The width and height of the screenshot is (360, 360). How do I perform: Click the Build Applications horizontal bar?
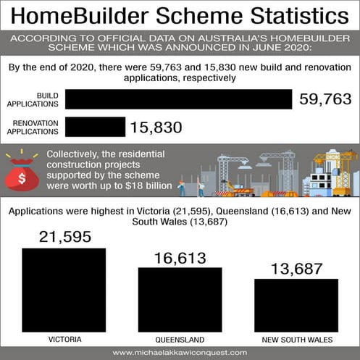(177, 99)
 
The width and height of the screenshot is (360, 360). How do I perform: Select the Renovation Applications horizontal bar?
(95, 127)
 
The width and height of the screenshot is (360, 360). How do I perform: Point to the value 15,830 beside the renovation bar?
(156, 127)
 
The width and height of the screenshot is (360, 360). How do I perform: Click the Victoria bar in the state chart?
(64, 290)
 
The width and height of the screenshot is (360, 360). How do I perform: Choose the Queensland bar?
(180, 299)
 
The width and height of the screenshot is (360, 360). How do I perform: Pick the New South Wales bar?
(296, 305)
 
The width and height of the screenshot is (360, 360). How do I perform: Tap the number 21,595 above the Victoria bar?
(64, 238)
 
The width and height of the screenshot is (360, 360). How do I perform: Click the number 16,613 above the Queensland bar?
(180, 258)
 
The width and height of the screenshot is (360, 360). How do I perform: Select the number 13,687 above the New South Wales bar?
(296, 269)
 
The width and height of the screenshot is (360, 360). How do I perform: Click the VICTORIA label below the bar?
(64, 339)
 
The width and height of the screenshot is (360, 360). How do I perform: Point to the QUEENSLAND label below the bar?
(180, 339)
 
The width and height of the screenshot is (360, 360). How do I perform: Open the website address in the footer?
(180, 353)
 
